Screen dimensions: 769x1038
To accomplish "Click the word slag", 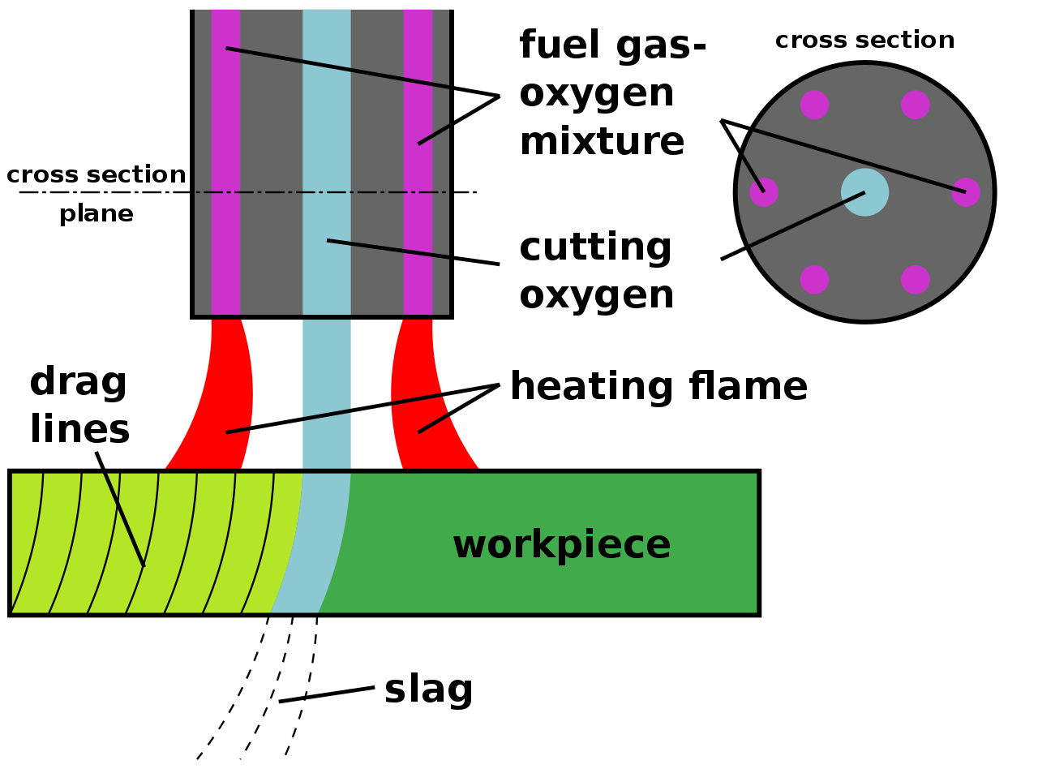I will coord(428,690).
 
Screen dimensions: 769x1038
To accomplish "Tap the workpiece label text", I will coord(561,544).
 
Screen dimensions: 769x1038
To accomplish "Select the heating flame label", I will coord(658,387).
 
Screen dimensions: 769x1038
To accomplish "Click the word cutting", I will coord(595,247).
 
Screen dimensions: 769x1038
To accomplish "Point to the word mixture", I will coord(602,141).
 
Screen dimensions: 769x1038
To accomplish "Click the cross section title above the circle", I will coord(864,41).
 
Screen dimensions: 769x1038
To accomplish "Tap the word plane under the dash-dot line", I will coord(97,214).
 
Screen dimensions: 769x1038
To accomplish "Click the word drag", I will coord(79,382).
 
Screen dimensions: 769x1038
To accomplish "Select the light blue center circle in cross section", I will coord(864,192).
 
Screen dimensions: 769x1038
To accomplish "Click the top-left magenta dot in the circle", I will coord(814,105).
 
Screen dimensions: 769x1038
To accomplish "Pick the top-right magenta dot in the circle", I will coord(915,105).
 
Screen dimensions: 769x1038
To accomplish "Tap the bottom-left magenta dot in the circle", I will coord(814,279).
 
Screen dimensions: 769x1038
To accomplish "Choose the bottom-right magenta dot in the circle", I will coord(915,279).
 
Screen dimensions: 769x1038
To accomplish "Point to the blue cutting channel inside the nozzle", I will coord(327,162).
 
